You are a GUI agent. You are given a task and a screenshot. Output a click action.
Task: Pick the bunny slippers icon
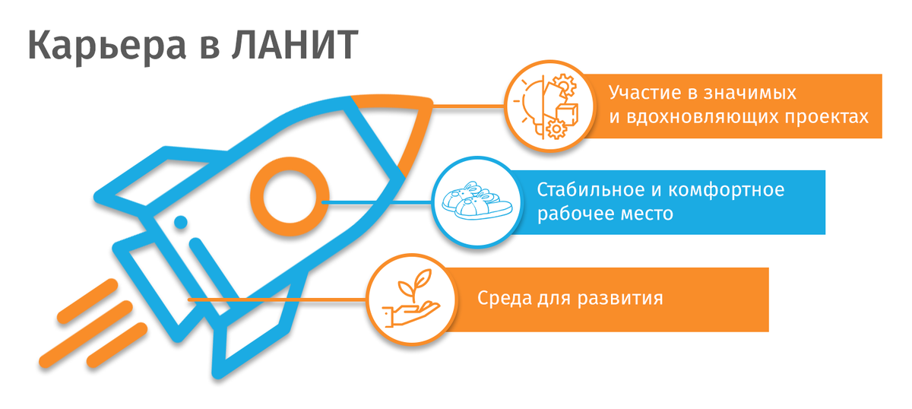click(x=477, y=202)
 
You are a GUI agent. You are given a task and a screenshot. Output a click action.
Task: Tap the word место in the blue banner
click(x=646, y=214)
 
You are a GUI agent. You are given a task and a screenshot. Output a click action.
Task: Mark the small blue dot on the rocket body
click(x=181, y=222)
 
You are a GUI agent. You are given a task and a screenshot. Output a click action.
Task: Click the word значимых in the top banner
click(x=750, y=94)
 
